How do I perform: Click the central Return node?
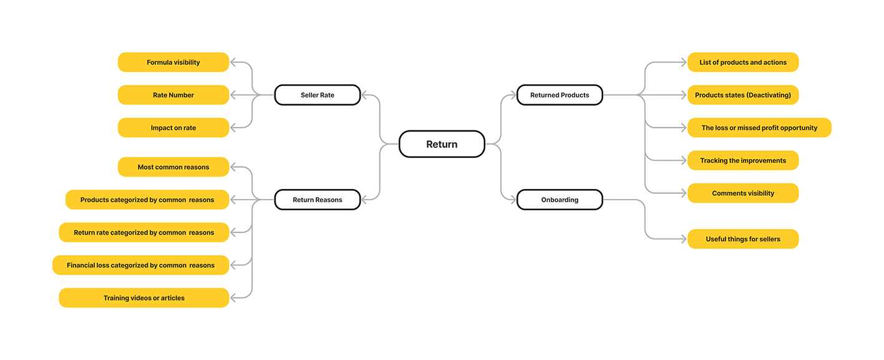pos(442,144)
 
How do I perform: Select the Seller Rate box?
pos(318,95)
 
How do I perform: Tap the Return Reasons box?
pos(318,200)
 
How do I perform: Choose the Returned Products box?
pos(560,95)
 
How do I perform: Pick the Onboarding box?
pos(560,200)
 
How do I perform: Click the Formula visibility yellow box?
pos(173,62)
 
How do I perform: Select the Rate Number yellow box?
pos(173,95)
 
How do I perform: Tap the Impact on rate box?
pos(173,127)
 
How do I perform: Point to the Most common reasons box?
pos(173,167)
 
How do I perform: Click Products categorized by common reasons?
pos(147,200)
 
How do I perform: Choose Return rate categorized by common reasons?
pos(144,233)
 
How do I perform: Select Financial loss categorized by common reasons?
pos(140,265)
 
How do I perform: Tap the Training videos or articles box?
pos(144,298)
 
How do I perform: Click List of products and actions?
pos(743,62)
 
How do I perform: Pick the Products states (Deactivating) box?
pos(743,95)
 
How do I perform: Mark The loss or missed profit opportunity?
pos(759,127)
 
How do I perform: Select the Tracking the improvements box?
pos(743,160)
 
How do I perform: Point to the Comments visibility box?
pos(743,193)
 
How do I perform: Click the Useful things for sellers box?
pos(743,239)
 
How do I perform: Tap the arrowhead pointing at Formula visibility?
pos(233,62)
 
